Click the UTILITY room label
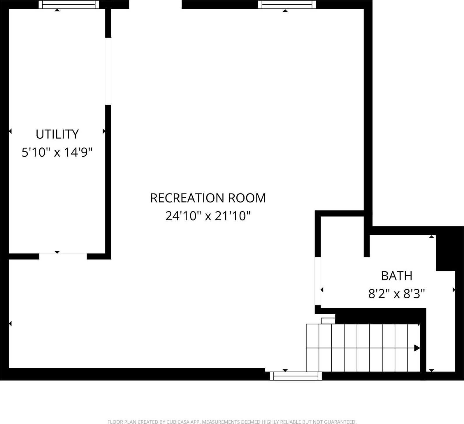click(x=57, y=134)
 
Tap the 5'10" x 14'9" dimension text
click(x=57, y=152)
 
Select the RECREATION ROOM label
click(x=208, y=198)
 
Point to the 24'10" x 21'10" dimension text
click(x=208, y=216)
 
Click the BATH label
click(x=397, y=276)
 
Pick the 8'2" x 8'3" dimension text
click(x=397, y=294)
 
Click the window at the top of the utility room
click(x=69, y=5)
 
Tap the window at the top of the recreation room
click(x=287, y=5)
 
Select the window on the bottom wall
click(x=296, y=376)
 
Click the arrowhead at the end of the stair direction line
click(x=417, y=348)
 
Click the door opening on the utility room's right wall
click(x=108, y=71)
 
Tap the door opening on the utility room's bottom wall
click(x=63, y=257)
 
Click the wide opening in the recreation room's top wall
click(x=155, y=5)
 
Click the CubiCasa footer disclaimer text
click(x=232, y=422)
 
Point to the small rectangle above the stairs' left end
click(x=328, y=321)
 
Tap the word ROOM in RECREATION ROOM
click(x=247, y=198)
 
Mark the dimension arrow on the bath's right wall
click(x=454, y=290)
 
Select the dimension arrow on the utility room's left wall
click(x=10, y=131)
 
